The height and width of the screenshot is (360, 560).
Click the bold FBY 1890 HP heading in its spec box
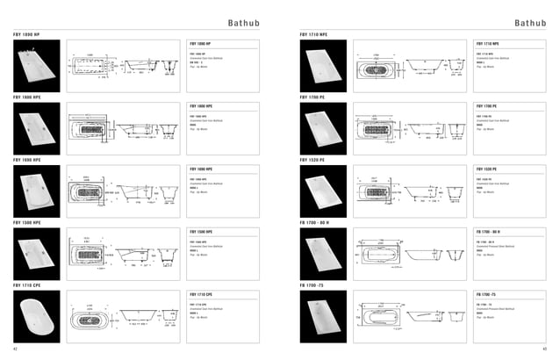point(203,42)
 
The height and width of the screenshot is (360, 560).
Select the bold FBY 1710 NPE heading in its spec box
point(489,42)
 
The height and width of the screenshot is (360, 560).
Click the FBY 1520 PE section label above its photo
point(312,161)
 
